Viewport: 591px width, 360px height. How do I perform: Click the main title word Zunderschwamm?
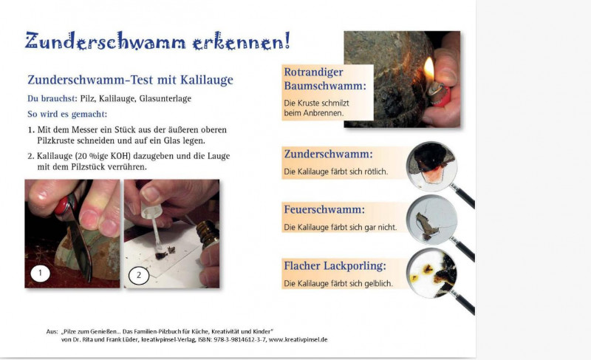point(106,41)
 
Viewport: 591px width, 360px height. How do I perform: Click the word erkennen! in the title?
point(242,41)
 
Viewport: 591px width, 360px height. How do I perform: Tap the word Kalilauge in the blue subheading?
point(207,80)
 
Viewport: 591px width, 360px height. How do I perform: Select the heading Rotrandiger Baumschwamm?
point(325,79)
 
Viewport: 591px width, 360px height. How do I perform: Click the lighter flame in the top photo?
point(429,69)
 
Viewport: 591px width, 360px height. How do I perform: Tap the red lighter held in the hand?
point(440,94)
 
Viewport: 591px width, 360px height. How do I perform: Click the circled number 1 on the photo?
point(41,273)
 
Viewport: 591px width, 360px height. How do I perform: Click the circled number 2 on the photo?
point(139,275)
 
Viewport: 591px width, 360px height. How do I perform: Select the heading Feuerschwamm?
point(324,210)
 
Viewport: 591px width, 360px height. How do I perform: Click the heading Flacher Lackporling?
point(335,266)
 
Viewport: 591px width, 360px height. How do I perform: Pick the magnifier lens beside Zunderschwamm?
point(432,166)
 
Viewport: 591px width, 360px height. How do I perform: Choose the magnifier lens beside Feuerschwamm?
point(432,220)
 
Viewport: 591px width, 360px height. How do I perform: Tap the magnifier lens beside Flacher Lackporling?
point(432,274)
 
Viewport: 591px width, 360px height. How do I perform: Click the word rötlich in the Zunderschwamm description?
point(376,171)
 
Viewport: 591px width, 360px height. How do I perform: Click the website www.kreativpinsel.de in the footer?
point(298,339)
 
